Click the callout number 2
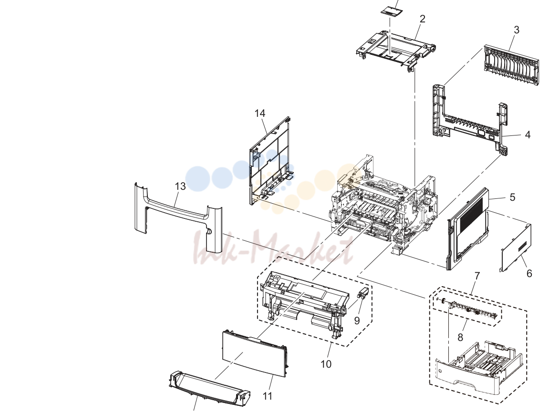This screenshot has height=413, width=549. click(423, 19)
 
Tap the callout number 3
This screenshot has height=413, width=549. click(517, 30)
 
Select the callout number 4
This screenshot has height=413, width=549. click(528, 135)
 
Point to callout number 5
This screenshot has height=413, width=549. click(513, 197)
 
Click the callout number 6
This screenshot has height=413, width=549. click(529, 273)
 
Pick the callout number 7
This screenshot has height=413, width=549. click(477, 276)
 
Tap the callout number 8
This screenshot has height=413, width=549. click(460, 337)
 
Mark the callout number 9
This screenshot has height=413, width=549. click(357, 320)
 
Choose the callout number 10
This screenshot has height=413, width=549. click(326, 364)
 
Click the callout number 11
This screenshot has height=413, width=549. click(268, 396)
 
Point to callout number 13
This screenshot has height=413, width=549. click(180, 186)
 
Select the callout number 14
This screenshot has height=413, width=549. click(260, 114)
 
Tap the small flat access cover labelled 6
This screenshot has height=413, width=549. click(516, 247)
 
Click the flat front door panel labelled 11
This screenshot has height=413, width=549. click(255, 353)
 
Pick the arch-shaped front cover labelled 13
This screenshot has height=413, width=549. click(178, 217)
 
